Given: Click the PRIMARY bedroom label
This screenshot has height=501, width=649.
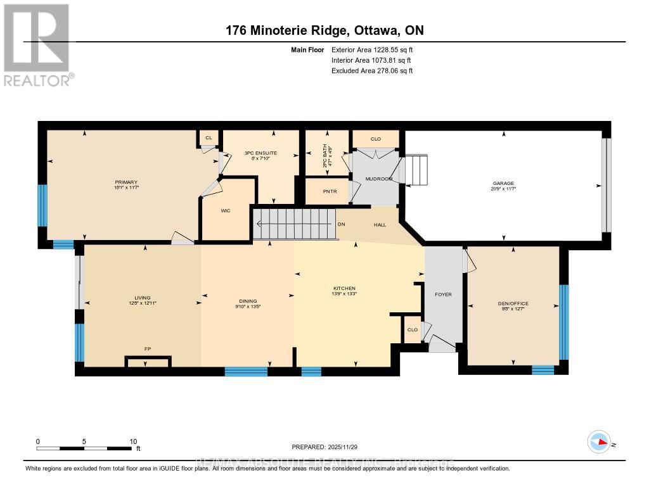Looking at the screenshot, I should pos(126,182).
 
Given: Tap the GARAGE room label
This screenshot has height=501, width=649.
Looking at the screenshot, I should pos(504,183).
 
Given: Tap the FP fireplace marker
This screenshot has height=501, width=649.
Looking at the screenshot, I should pos(146,348).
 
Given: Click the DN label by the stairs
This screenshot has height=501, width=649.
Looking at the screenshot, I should pos(341,224).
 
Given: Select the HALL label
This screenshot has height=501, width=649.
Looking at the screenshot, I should pos(380,225).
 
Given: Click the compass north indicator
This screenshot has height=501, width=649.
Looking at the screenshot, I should pos(599,441).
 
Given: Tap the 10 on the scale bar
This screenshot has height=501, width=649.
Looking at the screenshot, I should pos(133,441).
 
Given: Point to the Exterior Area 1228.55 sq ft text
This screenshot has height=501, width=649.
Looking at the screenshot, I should pos(372,49).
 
